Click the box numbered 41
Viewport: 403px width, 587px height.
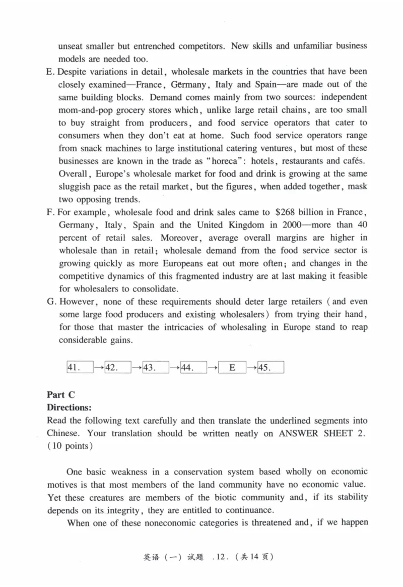(80, 368)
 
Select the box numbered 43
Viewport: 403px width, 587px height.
(156, 368)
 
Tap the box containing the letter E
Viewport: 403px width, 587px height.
(232, 368)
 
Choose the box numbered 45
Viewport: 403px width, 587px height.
(271, 368)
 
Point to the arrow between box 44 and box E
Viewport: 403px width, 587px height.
(213, 368)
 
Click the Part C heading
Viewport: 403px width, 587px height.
(60, 395)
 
